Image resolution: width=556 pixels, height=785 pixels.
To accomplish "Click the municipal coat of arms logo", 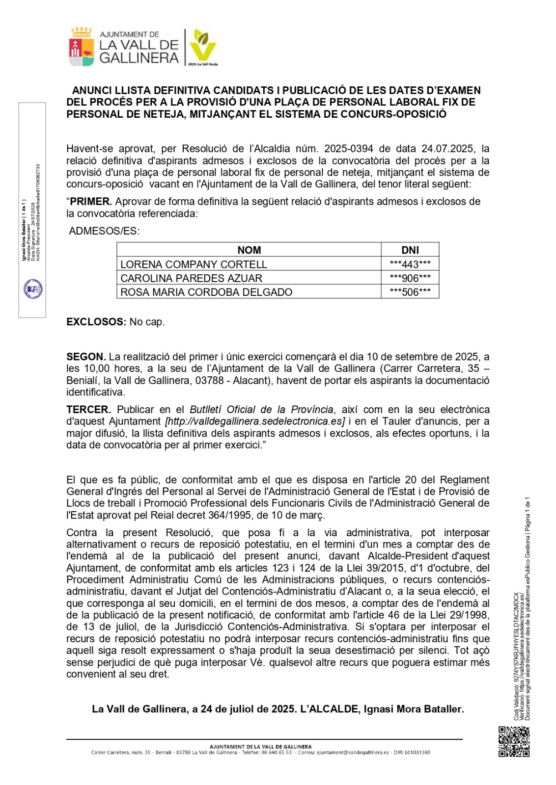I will [x=82, y=48].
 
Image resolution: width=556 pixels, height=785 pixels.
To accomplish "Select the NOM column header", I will [x=249, y=250].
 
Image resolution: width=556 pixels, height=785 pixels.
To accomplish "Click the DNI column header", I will [x=410, y=250].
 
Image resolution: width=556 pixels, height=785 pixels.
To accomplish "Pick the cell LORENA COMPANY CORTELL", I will [x=194, y=264].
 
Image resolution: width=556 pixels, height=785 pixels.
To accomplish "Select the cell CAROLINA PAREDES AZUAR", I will [x=191, y=278].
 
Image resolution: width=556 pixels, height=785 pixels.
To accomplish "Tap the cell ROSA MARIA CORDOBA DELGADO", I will [x=206, y=292].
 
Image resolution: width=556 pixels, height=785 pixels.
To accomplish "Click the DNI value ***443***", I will [x=410, y=264].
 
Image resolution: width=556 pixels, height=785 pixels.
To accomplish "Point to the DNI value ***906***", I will [x=410, y=278].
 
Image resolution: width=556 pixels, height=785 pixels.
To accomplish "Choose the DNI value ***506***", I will [x=410, y=292].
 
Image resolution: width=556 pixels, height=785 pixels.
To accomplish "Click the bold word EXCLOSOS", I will [x=96, y=322].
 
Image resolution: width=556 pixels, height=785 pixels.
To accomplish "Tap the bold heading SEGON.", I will [x=86, y=357].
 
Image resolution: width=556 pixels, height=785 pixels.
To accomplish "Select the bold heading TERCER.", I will [x=88, y=410].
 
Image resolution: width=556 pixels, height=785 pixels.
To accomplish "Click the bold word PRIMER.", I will [x=91, y=202].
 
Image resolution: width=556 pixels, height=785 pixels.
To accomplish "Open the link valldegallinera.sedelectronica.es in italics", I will [x=255, y=421].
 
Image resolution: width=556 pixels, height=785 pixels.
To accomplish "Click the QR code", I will [x=514, y=741].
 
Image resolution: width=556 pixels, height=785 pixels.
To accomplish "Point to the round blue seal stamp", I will [x=33, y=289].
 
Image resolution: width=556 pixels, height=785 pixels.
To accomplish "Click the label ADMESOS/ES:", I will [x=104, y=231].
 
